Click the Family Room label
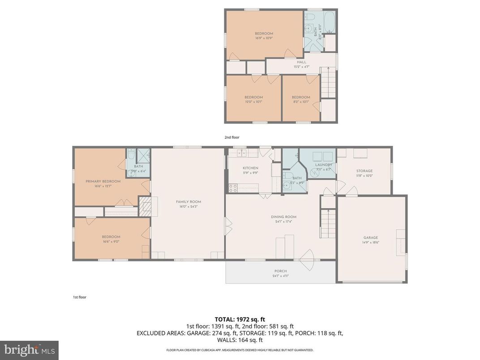click(189, 202)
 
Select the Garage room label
click(371, 238)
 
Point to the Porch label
click(281, 271)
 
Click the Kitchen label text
click(250, 168)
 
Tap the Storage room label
click(364, 171)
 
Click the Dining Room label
click(283, 217)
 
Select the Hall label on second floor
click(302, 62)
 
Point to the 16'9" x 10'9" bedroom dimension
click(264, 38)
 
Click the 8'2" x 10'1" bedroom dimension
click(301, 102)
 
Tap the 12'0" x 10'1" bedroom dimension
click(254, 102)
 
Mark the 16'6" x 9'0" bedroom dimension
click(111, 241)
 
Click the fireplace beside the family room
click(145, 207)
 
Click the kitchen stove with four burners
click(233, 187)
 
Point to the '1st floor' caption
click(80, 297)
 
